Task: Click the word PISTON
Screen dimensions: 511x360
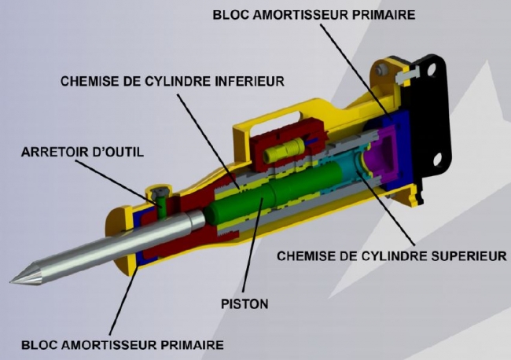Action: [244, 304]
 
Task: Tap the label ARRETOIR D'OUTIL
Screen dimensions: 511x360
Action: [83, 152]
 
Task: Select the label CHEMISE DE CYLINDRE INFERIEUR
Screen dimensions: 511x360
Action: [172, 81]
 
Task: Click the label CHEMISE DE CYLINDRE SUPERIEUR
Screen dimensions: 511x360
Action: [392, 256]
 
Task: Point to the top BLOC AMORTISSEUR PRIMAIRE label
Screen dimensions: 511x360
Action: [314, 15]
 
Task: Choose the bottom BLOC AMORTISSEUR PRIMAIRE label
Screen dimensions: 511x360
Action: [123, 345]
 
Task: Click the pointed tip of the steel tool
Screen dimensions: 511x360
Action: [11, 281]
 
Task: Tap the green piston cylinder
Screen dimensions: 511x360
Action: [274, 193]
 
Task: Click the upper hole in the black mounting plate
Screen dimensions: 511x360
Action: [431, 69]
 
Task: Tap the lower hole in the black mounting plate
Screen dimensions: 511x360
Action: [438, 160]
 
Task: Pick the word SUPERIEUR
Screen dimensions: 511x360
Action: [469, 256]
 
